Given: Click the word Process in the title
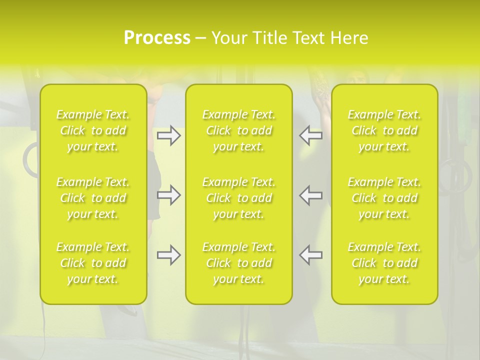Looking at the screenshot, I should [157, 38].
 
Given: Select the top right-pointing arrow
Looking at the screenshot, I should [168, 135].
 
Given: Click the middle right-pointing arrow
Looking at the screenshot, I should [168, 195].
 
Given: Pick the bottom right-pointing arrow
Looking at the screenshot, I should [168, 255].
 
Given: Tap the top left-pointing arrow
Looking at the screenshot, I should [311, 135].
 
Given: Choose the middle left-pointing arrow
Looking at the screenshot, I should [311, 195].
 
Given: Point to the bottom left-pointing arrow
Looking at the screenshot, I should [311, 255].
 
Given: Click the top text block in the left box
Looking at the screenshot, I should [93, 130].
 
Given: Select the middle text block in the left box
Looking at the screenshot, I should [93, 198].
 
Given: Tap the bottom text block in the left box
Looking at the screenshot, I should [93, 263].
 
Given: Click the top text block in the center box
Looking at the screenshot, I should [239, 130].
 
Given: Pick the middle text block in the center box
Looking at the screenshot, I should [239, 198].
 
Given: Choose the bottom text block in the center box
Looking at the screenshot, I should [239, 263].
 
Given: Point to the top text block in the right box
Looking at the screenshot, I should [384, 130].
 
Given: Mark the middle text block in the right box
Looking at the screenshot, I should [384, 198].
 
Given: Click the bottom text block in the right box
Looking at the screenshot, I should [384, 263].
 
